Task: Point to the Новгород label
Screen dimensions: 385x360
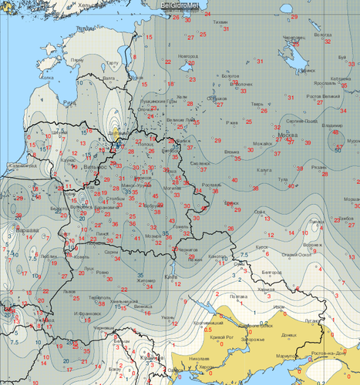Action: tap(187, 55)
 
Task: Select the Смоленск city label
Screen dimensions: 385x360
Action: tap(202, 164)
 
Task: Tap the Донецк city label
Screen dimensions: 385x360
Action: tap(290, 336)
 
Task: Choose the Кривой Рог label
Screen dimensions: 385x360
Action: tap(217, 338)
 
